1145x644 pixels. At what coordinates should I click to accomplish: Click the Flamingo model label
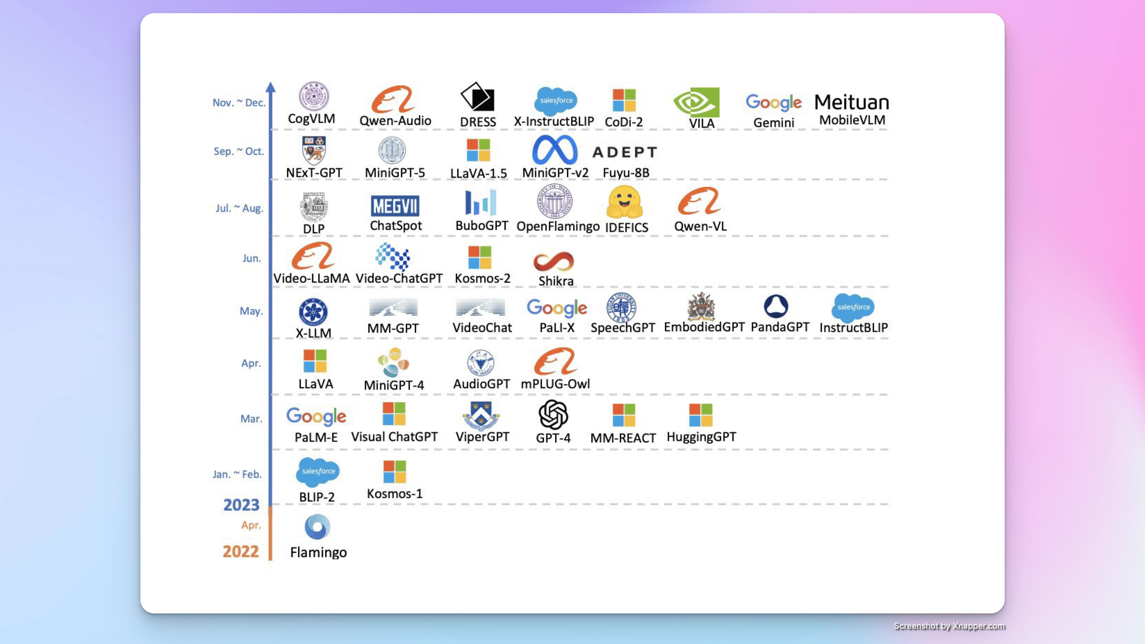tap(318, 552)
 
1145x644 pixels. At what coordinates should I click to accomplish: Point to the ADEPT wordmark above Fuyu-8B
tap(625, 152)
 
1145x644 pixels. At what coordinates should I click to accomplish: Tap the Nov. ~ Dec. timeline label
tap(239, 103)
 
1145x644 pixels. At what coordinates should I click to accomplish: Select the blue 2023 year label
tap(241, 505)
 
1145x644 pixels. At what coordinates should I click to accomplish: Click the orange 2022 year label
tap(240, 552)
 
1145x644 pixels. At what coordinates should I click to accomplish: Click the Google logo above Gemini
tap(773, 102)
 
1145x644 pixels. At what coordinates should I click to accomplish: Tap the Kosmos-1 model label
tap(395, 494)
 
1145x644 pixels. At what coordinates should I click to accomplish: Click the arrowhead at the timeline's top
tap(271, 87)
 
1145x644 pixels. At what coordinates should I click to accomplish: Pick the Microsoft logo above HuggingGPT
tap(700, 415)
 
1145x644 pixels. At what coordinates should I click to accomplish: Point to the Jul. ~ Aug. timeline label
tap(240, 208)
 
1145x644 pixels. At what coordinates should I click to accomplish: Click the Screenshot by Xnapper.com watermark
tap(949, 626)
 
